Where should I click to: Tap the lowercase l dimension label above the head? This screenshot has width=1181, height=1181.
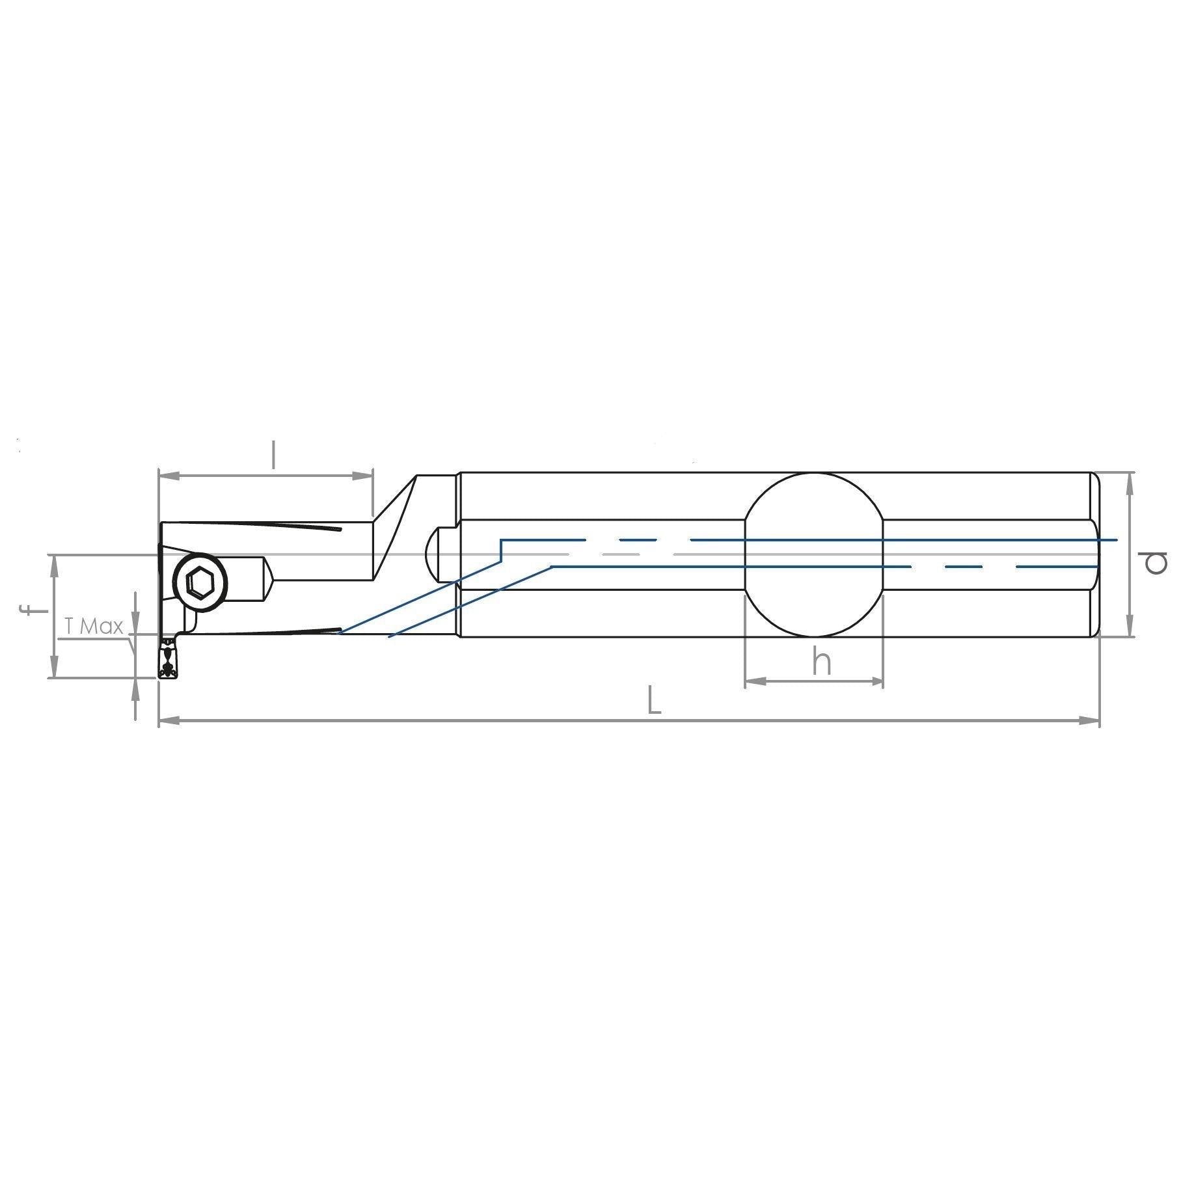[x=274, y=455]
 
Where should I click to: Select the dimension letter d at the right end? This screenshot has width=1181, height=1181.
[x=1155, y=562]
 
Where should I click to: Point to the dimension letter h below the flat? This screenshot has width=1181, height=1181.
[x=822, y=662]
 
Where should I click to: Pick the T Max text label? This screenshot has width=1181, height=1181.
[x=94, y=627]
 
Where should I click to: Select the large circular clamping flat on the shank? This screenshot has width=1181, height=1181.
[x=814, y=555]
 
